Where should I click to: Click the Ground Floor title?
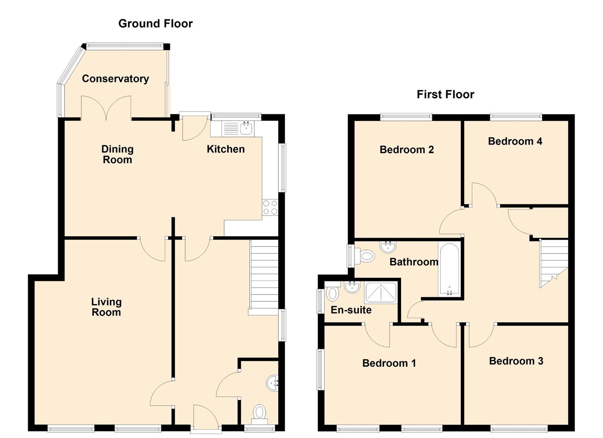155,24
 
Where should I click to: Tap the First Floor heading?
445,94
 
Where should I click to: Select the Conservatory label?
115,79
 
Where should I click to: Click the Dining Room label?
117,155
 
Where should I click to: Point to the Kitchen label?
225,149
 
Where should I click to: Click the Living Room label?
106,307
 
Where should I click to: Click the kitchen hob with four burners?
270,208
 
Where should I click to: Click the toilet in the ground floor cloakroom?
259,412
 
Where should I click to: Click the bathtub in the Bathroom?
449,269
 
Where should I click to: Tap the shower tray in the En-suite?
380,293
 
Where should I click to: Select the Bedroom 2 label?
406,150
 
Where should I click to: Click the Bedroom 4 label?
515,141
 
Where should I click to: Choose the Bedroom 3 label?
516,361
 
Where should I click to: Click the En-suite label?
351,310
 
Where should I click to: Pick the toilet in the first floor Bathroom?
366,255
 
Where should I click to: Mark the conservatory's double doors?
106,108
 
